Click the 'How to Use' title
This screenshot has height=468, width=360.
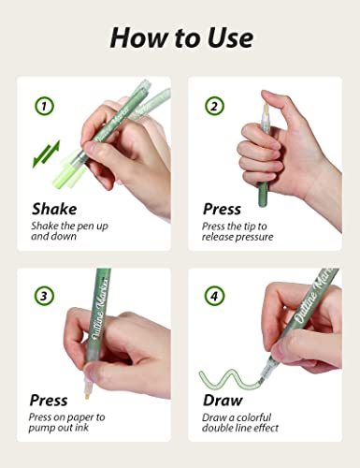click(x=180, y=37)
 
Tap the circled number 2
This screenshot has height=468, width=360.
click(x=214, y=106)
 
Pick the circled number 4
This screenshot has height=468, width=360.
click(x=214, y=297)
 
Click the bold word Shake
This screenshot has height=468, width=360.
click(x=54, y=209)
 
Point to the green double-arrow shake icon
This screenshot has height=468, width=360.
click(x=47, y=153)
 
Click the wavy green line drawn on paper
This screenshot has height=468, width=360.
click(x=229, y=378)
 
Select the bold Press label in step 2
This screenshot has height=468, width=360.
click(x=222, y=209)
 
